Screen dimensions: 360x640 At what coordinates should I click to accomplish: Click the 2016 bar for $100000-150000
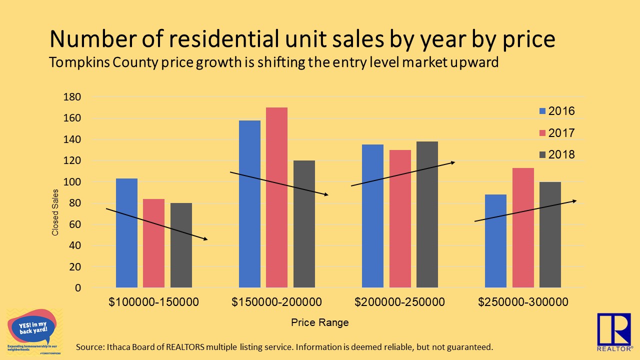pos(126,233)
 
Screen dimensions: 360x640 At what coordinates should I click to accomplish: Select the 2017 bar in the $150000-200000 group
pos(276,197)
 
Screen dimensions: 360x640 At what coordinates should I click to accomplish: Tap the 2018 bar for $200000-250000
pos(427,214)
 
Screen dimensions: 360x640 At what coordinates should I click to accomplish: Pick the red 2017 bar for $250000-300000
pos(523,227)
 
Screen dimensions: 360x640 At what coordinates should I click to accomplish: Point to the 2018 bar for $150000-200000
pos(304,224)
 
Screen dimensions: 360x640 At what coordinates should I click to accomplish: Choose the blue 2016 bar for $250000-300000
pos(495,241)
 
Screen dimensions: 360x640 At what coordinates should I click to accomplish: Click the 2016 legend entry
pos(556,111)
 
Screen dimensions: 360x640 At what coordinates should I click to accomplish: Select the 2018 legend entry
pos(556,155)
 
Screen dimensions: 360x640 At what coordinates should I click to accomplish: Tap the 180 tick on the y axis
pos(72,97)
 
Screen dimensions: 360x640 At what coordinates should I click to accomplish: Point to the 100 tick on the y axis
pos(72,182)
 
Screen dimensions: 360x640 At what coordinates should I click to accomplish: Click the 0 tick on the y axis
pos(77,288)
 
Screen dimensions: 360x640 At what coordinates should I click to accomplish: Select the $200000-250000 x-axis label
pos(399,302)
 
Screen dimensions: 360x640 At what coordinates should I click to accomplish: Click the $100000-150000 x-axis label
pos(154,302)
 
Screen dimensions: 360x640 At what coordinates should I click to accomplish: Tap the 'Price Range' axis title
pos(320,323)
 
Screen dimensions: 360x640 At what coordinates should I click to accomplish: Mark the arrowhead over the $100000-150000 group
pos(205,239)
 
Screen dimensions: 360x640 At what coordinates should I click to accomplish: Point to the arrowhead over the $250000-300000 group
pos(574,201)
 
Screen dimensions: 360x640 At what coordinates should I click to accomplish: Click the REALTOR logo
pos(614,331)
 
